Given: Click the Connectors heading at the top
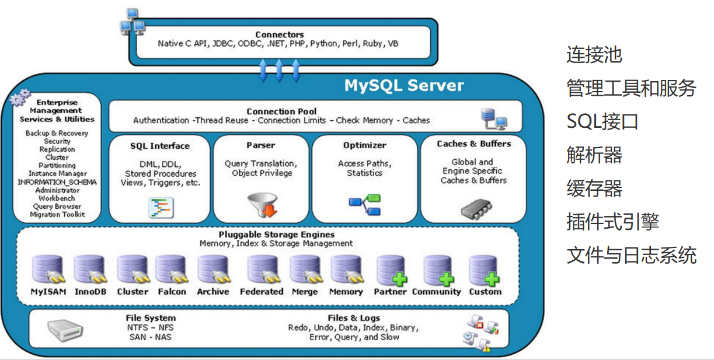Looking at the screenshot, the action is [x=280, y=34].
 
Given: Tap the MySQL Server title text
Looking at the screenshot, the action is [x=404, y=85].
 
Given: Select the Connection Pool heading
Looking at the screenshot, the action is [x=281, y=111].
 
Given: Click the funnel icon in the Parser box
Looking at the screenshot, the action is [x=262, y=205].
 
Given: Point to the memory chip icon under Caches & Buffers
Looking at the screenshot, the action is [x=476, y=209].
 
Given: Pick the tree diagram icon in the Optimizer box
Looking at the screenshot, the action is [x=365, y=205].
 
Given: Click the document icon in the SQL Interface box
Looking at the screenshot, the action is [x=161, y=208].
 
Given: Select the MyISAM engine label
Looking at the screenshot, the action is [x=48, y=292].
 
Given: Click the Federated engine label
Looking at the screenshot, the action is [x=262, y=292].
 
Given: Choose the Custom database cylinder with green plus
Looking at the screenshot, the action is [x=484, y=271].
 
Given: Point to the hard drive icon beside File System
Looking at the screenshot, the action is [x=65, y=330].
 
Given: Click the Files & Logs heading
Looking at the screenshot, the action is [x=354, y=318].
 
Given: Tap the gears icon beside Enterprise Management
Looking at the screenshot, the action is [x=20, y=97].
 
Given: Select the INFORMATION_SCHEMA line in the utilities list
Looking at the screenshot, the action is [x=57, y=182].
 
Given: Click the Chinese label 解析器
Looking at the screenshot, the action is [x=594, y=155].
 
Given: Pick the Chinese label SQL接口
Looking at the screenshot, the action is [x=602, y=121].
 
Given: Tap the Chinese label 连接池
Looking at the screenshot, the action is [x=594, y=54].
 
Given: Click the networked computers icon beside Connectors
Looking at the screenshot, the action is [x=133, y=22].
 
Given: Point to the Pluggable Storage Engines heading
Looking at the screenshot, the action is [x=277, y=235].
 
